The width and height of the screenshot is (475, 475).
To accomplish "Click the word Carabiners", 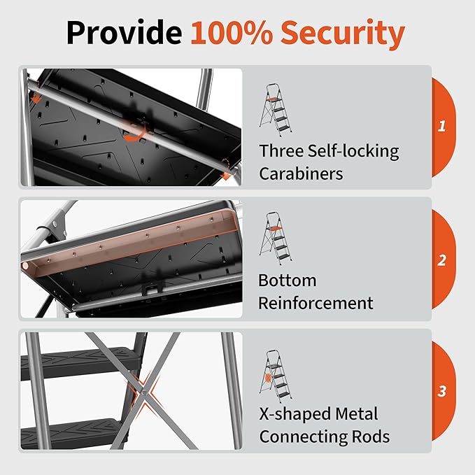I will pos(301,173).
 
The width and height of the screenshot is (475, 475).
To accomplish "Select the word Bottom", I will pos(288,281).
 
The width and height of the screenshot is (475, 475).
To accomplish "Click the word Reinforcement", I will pos(316,303).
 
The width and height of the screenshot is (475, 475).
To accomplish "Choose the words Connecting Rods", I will pos(324,437).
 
